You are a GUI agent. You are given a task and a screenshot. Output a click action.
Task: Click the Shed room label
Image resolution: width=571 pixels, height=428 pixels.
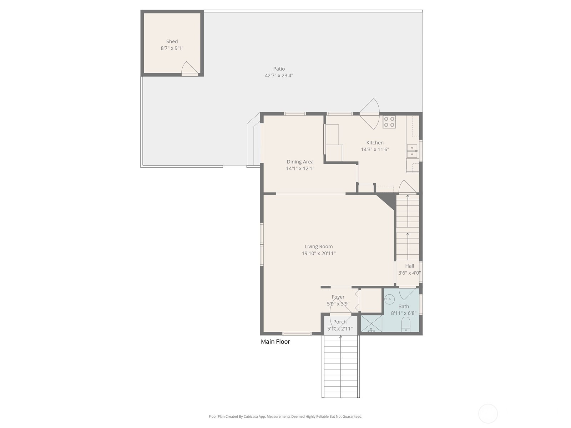(x=172, y=41)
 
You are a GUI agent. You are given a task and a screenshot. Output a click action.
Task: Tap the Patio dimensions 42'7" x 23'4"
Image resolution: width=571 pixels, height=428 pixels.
(x=279, y=75)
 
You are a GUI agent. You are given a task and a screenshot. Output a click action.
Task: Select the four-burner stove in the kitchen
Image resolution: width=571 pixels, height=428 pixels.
(x=389, y=122)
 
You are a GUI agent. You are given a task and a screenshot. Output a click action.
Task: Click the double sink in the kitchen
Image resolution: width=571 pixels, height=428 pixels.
(x=412, y=151)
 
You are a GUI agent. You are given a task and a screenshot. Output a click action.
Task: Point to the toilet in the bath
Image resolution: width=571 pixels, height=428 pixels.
(x=405, y=324)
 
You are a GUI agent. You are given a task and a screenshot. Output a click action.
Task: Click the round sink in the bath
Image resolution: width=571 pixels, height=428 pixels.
(x=389, y=299)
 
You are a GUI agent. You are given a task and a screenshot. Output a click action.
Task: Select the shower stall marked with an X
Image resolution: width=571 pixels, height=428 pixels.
(x=371, y=323)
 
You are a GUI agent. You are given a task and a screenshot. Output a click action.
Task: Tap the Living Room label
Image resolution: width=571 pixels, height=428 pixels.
(x=318, y=246)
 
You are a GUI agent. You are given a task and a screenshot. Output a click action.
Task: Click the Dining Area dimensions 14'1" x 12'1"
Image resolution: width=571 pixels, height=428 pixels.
(x=300, y=168)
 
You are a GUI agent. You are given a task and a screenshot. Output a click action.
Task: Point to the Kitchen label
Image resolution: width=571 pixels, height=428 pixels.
(x=375, y=142)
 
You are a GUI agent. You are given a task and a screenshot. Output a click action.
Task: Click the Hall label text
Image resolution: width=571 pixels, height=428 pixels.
(x=409, y=266)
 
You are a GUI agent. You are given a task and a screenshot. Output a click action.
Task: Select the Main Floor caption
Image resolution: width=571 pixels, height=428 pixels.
(x=275, y=341)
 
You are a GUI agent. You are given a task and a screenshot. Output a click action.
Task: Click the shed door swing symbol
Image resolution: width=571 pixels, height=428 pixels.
(x=190, y=68)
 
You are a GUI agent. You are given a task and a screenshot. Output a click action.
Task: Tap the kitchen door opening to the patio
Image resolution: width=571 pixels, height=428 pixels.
(x=369, y=113)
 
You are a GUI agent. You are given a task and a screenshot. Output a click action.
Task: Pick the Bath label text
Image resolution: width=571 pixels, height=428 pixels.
(x=404, y=306)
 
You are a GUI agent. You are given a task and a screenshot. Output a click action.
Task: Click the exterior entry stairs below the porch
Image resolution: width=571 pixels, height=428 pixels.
(x=340, y=366)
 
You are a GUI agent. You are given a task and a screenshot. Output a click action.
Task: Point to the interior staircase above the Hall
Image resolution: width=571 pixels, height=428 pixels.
(x=408, y=227)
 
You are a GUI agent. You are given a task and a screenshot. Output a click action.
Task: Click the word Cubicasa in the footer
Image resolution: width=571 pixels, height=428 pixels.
(x=251, y=416)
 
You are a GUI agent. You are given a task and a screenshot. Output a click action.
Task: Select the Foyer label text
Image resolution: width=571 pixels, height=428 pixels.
(x=338, y=296)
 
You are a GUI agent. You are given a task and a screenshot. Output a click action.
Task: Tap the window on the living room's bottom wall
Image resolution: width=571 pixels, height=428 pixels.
(x=297, y=333)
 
